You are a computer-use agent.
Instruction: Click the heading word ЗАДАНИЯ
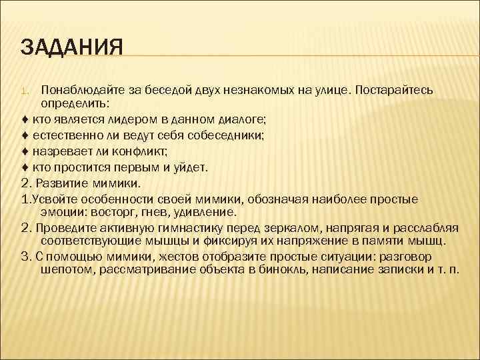71,49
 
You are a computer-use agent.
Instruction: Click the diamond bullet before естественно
25,135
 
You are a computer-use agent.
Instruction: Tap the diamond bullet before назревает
25,151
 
